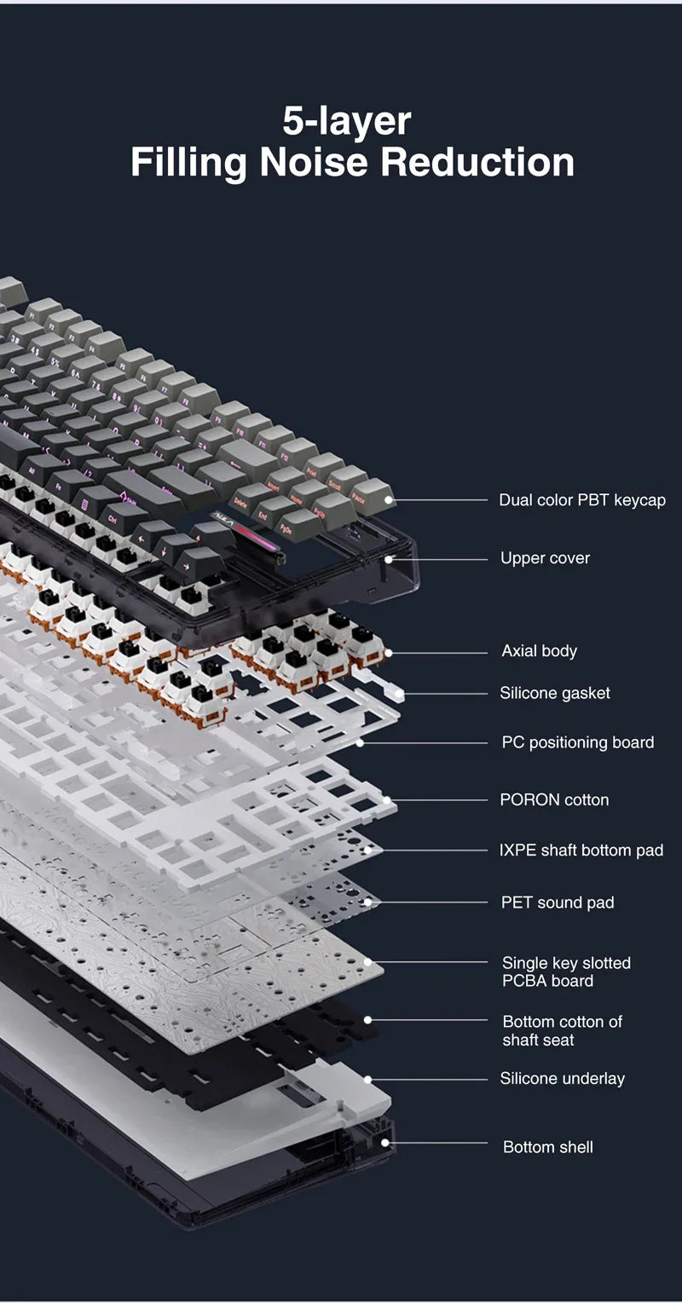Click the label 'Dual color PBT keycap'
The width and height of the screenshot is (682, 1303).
pyautogui.click(x=581, y=500)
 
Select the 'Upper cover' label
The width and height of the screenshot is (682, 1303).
pyautogui.click(x=545, y=558)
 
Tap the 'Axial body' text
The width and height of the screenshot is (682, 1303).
pyautogui.click(x=539, y=651)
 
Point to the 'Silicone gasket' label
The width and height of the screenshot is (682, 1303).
pyautogui.click(x=554, y=693)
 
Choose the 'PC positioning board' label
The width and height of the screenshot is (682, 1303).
pyautogui.click(x=577, y=742)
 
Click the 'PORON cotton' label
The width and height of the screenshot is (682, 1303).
pyautogui.click(x=554, y=799)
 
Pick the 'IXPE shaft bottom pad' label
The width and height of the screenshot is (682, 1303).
pyautogui.click(x=581, y=850)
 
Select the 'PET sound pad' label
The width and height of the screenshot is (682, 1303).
pyautogui.click(x=557, y=902)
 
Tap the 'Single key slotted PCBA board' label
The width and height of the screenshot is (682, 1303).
pyautogui.click(x=566, y=971)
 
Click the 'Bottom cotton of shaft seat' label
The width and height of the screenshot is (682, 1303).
pyautogui.click(x=562, y=1030)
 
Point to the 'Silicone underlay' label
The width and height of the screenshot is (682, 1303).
pyautogui.click(x=562, y=1079)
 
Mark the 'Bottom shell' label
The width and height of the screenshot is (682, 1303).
pyautogui.click(x=547, y=1147)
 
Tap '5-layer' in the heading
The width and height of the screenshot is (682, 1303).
pyautogui.click(x=346, y=120)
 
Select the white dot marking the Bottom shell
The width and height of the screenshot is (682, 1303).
pyautogui.click(x=385, y=1143)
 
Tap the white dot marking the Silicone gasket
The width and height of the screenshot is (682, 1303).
pyautogui.click(x=400, y=695)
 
